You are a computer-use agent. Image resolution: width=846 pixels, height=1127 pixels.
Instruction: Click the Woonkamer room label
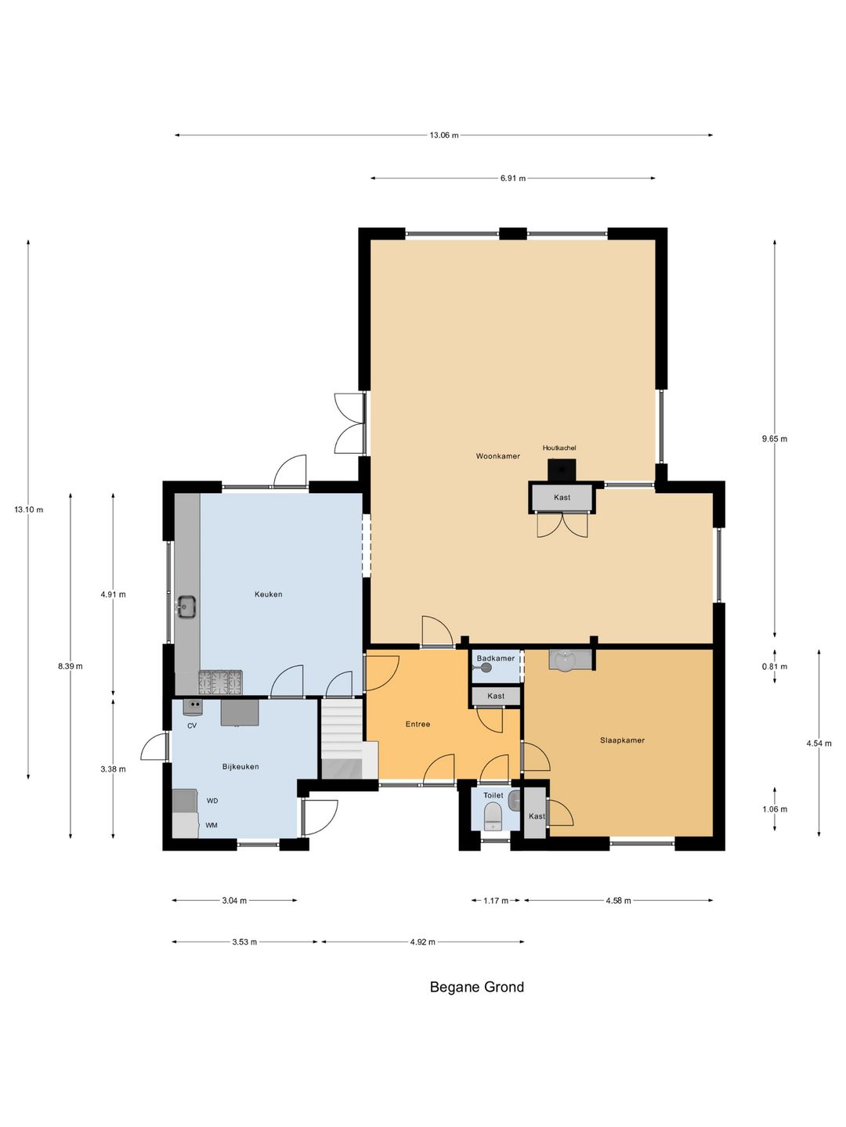(x=497, y=456)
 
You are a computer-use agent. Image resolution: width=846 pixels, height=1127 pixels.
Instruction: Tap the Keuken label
(x=268, y=595)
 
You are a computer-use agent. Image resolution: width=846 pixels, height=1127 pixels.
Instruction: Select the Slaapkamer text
(x=622, y=740)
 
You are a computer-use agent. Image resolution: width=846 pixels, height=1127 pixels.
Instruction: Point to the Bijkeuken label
(x=240, y=766)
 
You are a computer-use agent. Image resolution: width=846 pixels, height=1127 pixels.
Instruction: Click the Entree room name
(x=418, y=725)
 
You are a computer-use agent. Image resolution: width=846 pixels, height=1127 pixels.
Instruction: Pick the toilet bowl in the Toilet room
(x=493, y=817)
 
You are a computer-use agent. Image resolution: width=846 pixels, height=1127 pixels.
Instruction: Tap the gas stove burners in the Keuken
(x=220, y=682)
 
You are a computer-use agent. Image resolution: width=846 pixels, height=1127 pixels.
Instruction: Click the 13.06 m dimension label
(x=444, y=135)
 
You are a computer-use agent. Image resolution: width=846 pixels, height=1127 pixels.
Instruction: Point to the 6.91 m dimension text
(x=513, y=178)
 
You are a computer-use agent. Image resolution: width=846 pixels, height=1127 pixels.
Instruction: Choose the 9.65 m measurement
(x=774, y=439)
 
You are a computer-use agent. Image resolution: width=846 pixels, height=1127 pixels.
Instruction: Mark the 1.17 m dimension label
(x=496, y=901)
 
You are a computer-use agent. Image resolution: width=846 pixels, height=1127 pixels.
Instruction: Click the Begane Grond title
(x=477, y=988)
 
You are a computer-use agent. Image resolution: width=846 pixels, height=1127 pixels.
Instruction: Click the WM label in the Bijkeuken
(x=211, y=826)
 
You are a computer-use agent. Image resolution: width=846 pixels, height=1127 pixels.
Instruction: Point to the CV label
(x=192, y=726)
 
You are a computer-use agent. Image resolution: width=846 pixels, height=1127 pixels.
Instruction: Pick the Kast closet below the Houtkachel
(x=562, y=498)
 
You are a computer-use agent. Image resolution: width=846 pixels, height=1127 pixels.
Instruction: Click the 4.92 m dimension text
(x=422, y=942)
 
